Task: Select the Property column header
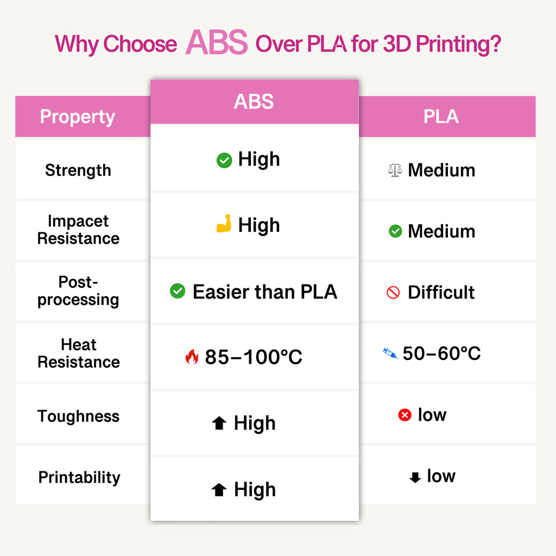tap(78, 117)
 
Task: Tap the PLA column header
tap(441, 116)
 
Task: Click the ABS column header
tap(254, 102)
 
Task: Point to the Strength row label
tap(78, 170)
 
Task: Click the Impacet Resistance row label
tap(78, 230)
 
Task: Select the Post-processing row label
tap(78, 291)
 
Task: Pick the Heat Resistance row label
tap(78, 353)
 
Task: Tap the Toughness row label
tap(78, 416)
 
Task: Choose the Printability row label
tap(79, 477)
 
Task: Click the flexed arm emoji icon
tap(224, 224)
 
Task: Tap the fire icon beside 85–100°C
tap(192, 357)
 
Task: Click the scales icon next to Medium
tap(395, 170)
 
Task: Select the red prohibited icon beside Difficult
tap(393, 293)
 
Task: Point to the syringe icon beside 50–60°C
tap(390, 353)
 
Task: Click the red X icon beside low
tap(405, 415)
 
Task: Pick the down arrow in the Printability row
tap(415, 478)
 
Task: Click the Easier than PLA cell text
tap(264, 292)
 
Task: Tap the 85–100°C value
tap(254, 357)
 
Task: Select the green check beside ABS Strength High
tap(224, 160)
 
